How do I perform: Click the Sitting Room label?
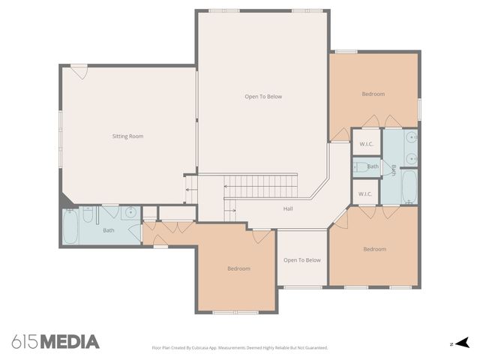pyautogui.click(x=127, y=136)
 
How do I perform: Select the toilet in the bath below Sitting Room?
pyautogui.click(x=88, y=217)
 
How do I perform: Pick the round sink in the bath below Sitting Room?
pyautogui.click(x=130, y=212)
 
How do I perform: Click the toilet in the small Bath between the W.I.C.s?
pyautogui.click(x=358, y=166)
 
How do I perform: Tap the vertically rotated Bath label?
pyautogui.click(x=392, y=169)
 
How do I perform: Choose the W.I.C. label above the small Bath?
pyautogui.click(x=366, y=144)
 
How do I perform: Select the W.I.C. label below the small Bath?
pyautogui.click(x=365, y=194)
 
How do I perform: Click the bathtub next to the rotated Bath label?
pyautogui.click(x=409, y=187)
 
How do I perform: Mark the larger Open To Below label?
pyautogui.click(x=263, y=97)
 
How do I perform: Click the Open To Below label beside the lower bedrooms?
pyautogui.click(x=301, y=260)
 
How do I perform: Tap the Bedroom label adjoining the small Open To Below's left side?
pyautogui.click(x=238, y=268)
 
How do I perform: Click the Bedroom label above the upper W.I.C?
pyautogui.click(x=373, y=94)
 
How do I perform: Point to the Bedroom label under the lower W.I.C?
pyautogui.click(x=374, y=249)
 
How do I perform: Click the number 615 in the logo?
pyautogui.click(x=25, y=342)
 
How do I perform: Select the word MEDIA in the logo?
pyautogui.click(x=69, y=342)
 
